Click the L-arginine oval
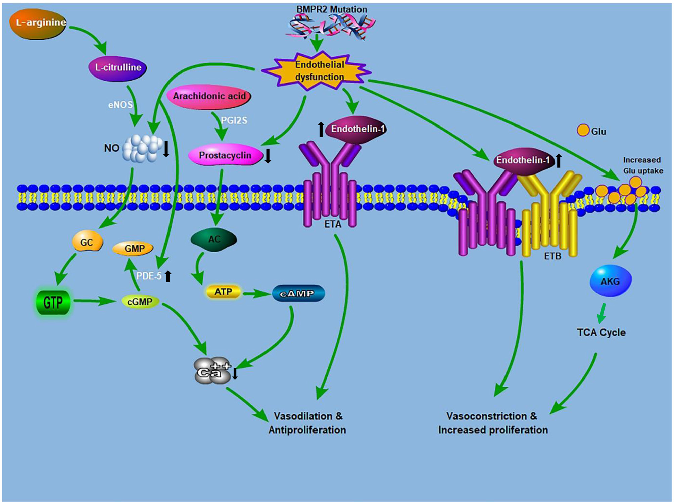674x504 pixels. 38,23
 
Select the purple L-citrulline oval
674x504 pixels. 117,68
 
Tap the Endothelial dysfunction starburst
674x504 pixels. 317,71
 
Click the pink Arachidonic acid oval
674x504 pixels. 209,97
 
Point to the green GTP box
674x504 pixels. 53,303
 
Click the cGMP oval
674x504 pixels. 140,302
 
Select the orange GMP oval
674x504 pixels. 133,249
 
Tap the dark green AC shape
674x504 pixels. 214,240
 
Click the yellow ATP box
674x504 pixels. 223,292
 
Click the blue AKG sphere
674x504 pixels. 610,281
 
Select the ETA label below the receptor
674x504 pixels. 333,224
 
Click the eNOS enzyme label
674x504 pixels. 120,105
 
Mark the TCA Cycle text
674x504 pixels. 601,332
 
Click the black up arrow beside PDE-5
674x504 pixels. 168,276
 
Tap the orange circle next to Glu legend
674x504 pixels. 583,130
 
